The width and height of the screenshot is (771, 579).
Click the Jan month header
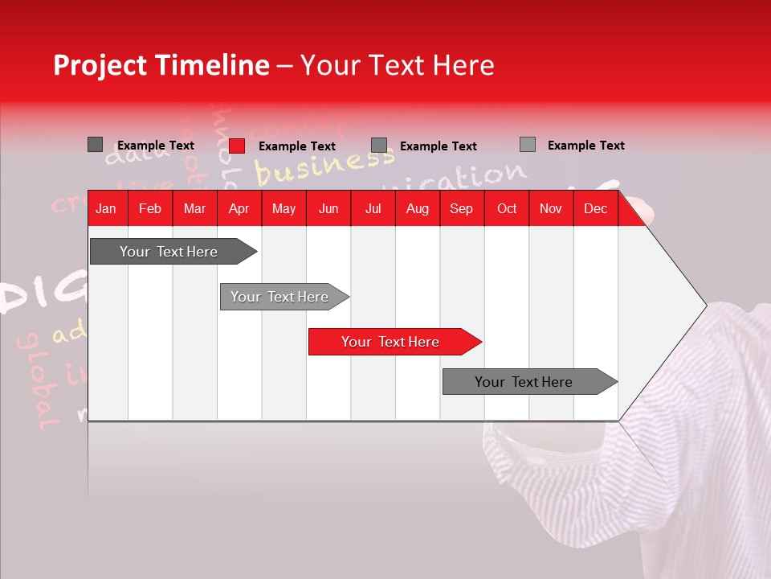point(106,209)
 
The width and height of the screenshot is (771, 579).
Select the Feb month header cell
point(150,209)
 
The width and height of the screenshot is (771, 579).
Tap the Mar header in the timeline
point(194,209)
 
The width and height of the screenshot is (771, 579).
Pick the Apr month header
point(239,209)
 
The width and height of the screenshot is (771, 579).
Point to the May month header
point(284,209)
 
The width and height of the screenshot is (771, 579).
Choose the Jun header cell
point(328,209)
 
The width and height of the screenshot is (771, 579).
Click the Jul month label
point(373,209)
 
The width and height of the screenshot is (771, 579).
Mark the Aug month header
point(417,209)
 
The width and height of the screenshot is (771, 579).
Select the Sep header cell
point(461,209)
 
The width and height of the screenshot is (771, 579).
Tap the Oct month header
point(507,209)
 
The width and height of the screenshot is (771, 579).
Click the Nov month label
point(551,209)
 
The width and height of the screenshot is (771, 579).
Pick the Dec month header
point(595,209)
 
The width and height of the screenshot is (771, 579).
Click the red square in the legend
point(237,146)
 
